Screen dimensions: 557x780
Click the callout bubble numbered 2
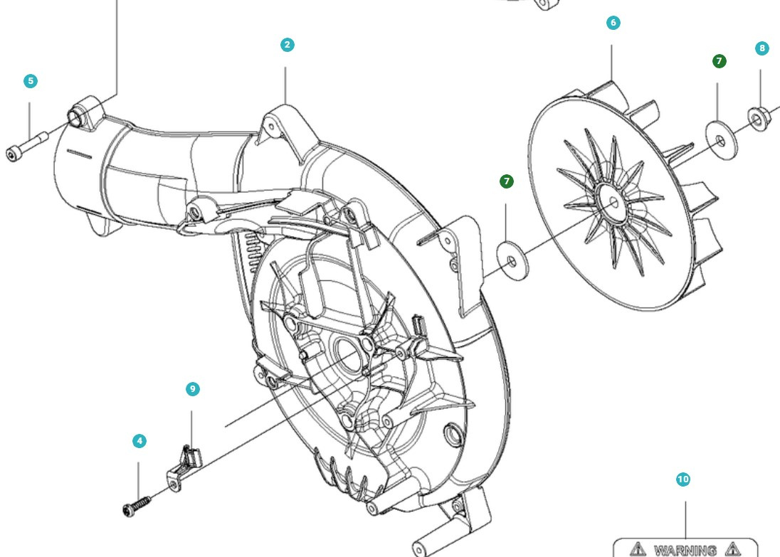pyautogui.click(x=287, y=45)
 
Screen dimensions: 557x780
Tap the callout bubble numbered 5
pyautogui.click(x=30, y=81)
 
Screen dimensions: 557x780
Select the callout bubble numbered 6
pyautogui.click(x=613, y=23)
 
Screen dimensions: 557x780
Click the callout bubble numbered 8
pyautogui.click(x=762, y=48)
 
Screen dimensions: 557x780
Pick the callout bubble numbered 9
pyautogui.click(x=192, y=389)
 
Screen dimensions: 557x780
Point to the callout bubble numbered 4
pyautogui.click(x=139, y=441)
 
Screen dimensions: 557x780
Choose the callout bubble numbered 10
pyautogui.click(x=682, y=479)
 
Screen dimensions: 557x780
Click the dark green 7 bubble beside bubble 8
pyautogui.click(x=719, y=61)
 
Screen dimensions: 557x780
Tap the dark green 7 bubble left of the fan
pyautogui.click(x=506, y=181)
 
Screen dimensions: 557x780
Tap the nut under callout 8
pyautogui.click(x=757, y=115)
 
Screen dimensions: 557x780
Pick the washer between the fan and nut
pyautogui.click(x=721, y=142)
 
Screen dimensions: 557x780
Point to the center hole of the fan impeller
pyautogui.click(x=614, y=203)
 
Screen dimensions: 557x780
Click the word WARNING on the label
pyautogui.click(x=685, y=550)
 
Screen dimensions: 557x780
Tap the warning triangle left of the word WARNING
pyautogui.click(x=638, y=549)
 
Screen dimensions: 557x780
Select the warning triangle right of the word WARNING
pyautogui.click(x=732, y=549)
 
